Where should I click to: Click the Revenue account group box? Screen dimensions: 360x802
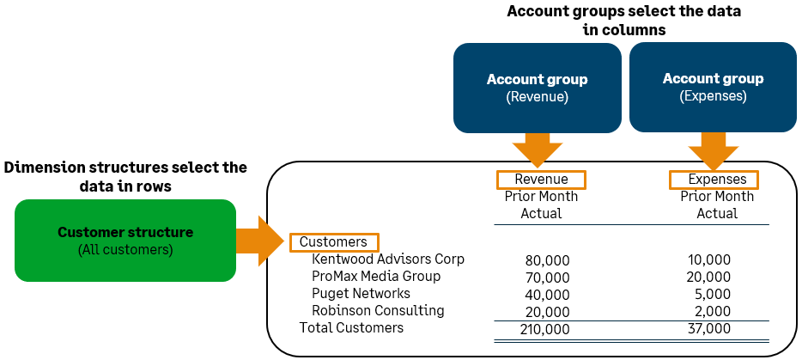537,88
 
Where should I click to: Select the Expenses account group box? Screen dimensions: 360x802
713,88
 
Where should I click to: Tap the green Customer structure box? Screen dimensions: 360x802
125,241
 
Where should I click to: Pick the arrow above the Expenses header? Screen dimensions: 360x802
713,150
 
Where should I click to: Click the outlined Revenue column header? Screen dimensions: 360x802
541,180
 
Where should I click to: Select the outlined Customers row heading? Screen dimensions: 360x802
333,242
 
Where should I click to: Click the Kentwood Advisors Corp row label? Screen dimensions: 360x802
388,259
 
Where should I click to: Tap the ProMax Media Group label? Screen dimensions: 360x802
376,276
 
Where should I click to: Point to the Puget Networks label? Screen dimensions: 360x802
361,293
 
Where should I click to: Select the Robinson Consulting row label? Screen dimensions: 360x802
378,310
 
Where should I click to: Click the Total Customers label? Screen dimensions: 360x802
351,327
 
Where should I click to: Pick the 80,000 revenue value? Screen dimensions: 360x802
547,259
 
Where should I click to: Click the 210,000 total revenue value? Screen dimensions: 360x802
544,328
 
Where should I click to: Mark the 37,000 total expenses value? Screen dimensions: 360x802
709,328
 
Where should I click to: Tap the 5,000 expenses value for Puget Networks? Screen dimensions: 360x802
713,294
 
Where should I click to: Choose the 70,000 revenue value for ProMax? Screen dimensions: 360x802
547,277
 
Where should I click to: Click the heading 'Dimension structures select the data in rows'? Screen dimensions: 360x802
125,176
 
